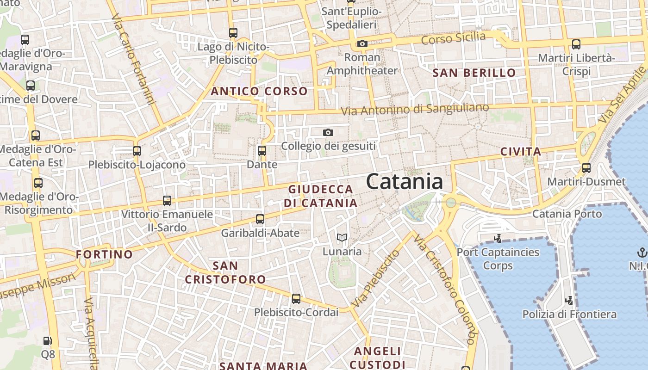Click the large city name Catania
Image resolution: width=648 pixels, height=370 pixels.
click(x=405, y=182)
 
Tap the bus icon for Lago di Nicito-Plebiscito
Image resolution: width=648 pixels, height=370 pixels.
click(x=233, y=33)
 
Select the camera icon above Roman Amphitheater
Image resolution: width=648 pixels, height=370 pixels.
click(x=362, y=44)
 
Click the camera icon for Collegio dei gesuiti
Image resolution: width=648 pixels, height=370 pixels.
click(x=328, y=133)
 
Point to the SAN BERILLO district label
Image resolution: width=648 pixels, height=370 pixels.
click(x=474, y=73)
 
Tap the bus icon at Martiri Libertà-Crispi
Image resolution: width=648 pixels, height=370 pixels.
click(x=576, y=44)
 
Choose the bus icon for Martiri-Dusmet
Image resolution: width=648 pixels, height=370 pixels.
click(x=586, y=168)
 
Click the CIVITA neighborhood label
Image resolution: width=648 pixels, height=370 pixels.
click(x=521, y=152)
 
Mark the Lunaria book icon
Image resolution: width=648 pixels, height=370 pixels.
click(x=342, y=238)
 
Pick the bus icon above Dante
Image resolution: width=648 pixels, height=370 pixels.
click(x=262, y=151)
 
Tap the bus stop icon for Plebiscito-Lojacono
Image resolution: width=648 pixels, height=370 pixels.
click(x=137, y=151)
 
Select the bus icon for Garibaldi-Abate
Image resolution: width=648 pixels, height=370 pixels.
click(x=260, y=219)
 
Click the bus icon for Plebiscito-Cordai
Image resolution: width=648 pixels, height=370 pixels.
click(x=296, y=299)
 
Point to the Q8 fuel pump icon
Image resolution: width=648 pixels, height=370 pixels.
click(x=48, y=341)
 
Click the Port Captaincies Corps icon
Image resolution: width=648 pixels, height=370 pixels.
click(x=498, y=239)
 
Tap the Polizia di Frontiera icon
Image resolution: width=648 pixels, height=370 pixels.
click(x=569, y=301)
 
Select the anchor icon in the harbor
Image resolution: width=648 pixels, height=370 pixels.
click(x=642, y=253)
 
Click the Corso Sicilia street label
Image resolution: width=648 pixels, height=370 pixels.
click(x=453, y=38)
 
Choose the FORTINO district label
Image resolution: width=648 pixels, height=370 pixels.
click(x=104, y=254)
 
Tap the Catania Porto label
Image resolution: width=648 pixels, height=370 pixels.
click(x=567, y=214)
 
